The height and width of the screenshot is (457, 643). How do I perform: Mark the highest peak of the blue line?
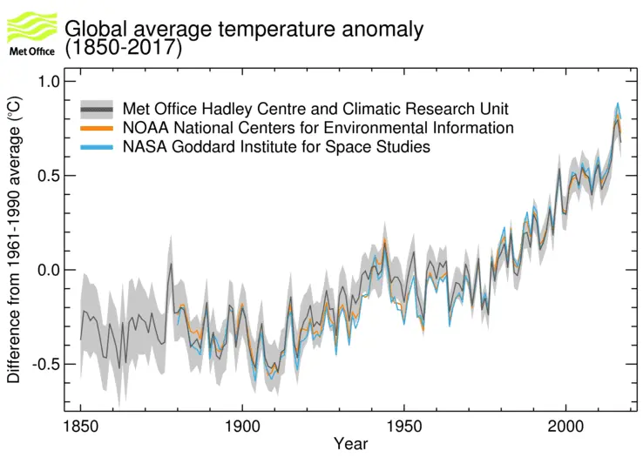[617, 104]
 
